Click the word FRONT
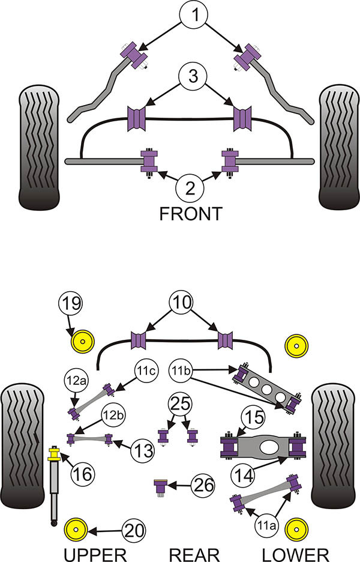[x=190, y=213]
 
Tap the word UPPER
[x=95, y=554]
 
